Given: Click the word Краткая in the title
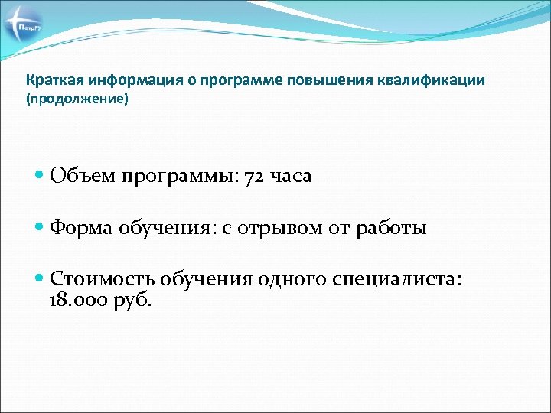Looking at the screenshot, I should point(51,80).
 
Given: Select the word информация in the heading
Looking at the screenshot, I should point(118,80).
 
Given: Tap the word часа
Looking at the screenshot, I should point(291,176).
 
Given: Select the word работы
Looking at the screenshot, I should point(391,227).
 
